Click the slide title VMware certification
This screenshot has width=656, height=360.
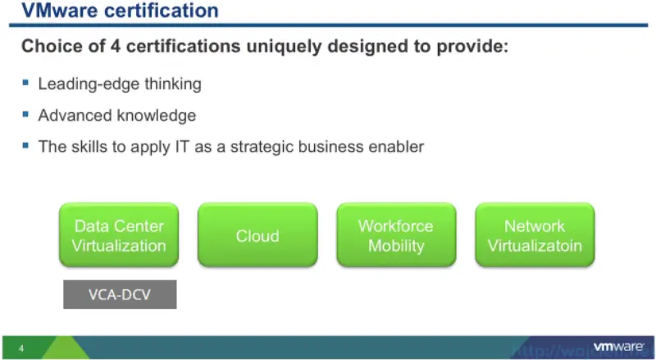[120, 11]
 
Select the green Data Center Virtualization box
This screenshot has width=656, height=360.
[119, 235]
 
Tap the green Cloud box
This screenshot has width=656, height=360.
[257, 235]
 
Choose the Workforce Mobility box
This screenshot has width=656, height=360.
[396, 235]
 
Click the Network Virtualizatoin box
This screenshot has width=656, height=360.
[535, 235]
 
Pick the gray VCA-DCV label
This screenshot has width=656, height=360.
[120, 294]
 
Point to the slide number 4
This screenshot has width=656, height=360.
[20, 349]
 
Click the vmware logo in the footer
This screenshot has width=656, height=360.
[617, 346]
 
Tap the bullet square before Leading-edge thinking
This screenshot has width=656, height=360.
[26, 83]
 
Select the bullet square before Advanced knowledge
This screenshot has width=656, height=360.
[26, 115]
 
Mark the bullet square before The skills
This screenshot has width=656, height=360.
[26, 146]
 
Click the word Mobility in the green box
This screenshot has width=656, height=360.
[396, 246]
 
